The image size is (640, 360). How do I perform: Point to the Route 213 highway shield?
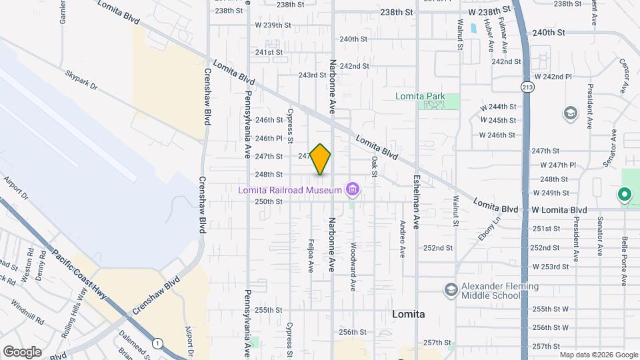(x=527, y=86)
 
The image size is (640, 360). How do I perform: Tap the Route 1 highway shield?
(x=157, y=343)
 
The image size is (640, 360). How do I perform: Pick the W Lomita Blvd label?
(x=559, y=209)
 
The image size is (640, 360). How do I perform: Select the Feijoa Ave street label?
(x=311, y=257)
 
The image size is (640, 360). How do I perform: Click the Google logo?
(x=22, y=351)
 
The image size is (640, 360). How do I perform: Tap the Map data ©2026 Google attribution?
(x=598, y=355)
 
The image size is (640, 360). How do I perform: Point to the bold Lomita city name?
(x=409, y=313)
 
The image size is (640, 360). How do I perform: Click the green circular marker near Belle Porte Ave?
(x=624, y=195)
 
